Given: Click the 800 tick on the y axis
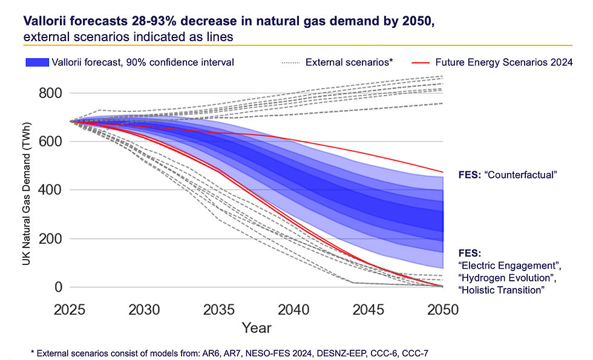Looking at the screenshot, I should [x=51, y=93].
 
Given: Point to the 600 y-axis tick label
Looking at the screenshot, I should [x=51, y=142].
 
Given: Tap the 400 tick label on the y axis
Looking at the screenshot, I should [x=51, y=190].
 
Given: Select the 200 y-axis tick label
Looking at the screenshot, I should [x=51, y=239].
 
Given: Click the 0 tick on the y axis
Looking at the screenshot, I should [x=59, y=287].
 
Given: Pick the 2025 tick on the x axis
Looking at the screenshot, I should [x=71, y=309].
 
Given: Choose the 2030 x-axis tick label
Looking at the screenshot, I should [x=146, y=309].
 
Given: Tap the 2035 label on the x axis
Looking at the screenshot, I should [x=221, y=309].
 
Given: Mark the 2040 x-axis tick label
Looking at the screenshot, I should [x=295, y=309].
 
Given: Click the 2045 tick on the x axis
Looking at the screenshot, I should [x=369, y=309].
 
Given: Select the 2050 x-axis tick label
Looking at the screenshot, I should [x=443, y=309].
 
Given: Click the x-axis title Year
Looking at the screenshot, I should [x=257, y=329].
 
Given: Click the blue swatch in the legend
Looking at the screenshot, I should [x=45, y=62].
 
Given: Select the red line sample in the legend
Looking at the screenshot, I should [x=421, y=62].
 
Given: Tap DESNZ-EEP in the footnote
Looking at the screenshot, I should [x=345, y=352].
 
